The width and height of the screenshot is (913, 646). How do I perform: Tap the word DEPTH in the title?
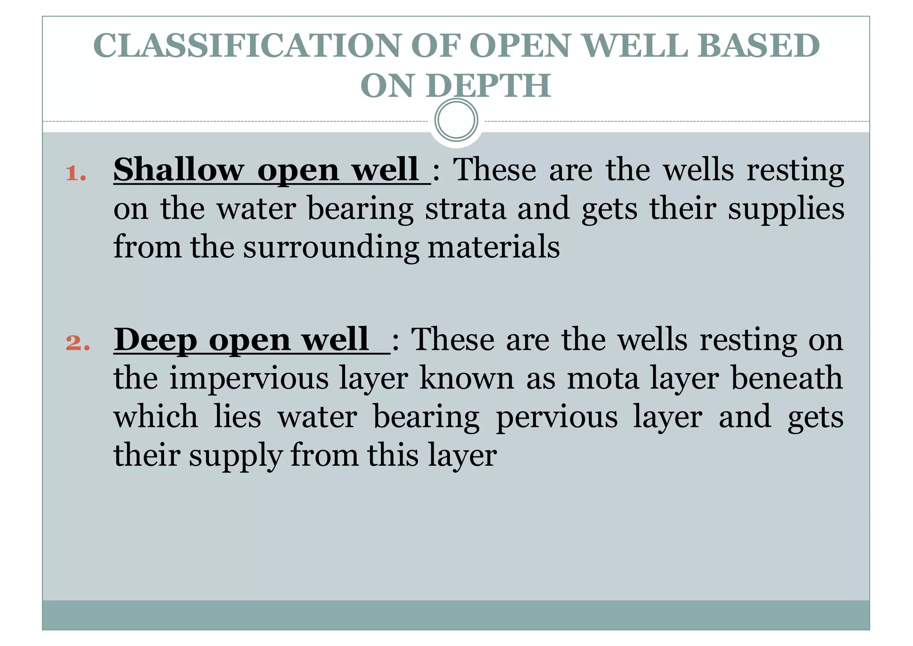[x=489, y=86]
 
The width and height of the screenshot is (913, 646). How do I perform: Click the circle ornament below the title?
[x=456, y=120]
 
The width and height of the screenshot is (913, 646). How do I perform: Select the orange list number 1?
[x=76, y=174]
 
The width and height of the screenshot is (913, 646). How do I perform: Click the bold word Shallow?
[x=178, y=170]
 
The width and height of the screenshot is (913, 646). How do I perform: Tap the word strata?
[x=465, y=209]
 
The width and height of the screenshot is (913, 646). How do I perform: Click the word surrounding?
[x=331, y=248]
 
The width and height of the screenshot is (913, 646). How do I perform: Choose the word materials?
[x=494, y=247]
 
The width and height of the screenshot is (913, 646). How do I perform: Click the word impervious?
[x=288, y=378]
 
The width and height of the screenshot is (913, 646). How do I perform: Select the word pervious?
[x=557, y=417]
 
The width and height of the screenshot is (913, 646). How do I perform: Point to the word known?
[x=467, y=378]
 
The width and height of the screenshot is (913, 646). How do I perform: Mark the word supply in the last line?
[x=235, y=456]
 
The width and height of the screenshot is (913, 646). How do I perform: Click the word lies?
[x=237, y=417]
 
